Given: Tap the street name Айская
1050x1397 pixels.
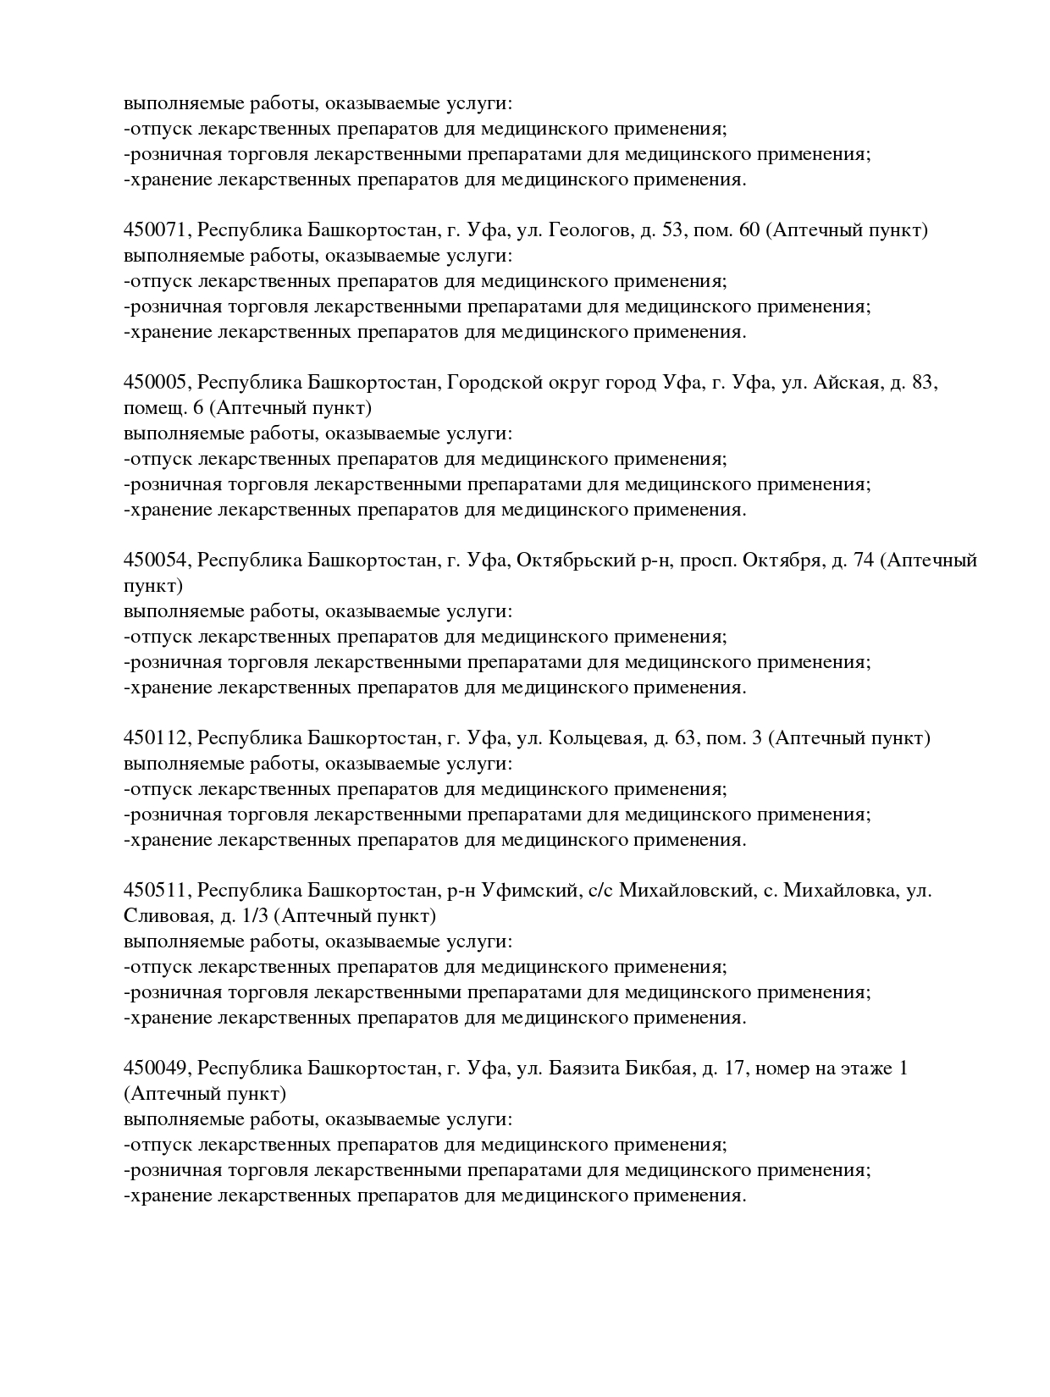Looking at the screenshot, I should (847, 383).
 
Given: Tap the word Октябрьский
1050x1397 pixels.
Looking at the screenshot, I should (576, 560).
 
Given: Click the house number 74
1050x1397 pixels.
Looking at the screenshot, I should (865, 560).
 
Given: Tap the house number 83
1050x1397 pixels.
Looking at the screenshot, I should (923, 383).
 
